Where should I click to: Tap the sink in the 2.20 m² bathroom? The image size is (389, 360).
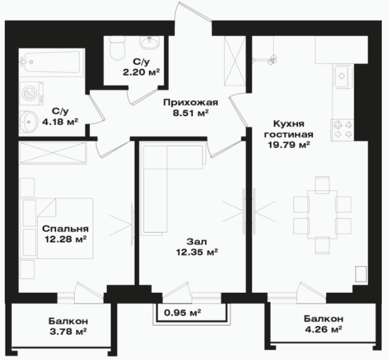click(x=149, y=43)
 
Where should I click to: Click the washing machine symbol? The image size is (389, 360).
click(x=32, y=93)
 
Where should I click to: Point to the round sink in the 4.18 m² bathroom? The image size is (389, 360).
click(x=29, y=122)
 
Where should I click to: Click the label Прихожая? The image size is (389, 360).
click(x=190, y=102)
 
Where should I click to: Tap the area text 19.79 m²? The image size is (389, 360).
click(x=289, y=145)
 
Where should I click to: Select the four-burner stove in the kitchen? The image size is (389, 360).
click(x=342, y=130)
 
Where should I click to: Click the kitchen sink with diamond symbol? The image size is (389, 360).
click(x=343, y=76)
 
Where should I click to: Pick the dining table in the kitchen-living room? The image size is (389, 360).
click(x=322, y=215)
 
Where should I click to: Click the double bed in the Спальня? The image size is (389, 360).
click(x=58, y=228)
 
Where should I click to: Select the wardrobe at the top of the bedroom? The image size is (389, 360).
click(x=53, y=153)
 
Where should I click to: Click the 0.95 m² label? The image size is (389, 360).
click(x=183, y=312)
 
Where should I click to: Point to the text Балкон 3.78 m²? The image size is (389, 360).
click(x=68, y=326)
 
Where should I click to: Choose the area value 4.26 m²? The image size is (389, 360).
click(x=324, y=329)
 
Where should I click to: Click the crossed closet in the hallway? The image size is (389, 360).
click(x=235, y=61)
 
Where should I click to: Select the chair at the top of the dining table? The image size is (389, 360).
click(x=322, y=185)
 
